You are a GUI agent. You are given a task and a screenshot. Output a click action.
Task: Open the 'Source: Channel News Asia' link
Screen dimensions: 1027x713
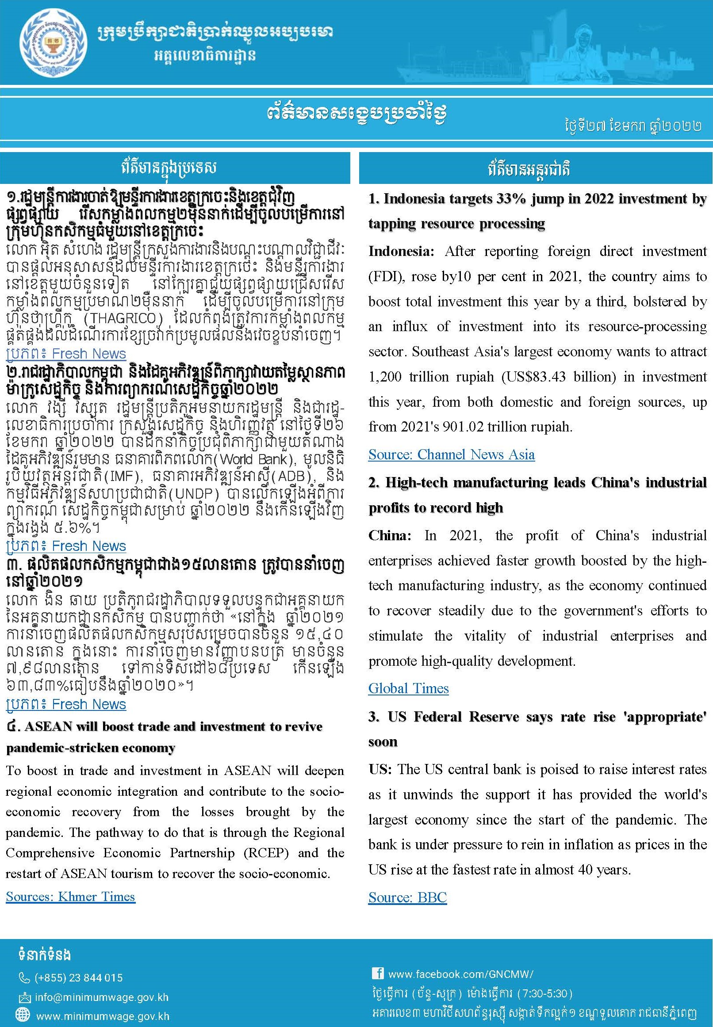tap(451, 454)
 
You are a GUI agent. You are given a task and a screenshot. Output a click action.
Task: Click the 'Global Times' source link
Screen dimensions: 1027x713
tap(408, 688)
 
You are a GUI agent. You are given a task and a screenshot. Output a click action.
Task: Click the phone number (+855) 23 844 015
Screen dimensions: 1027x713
tap(79, 977)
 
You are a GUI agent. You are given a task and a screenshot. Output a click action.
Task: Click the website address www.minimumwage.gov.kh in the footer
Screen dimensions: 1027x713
tap(103, 1016)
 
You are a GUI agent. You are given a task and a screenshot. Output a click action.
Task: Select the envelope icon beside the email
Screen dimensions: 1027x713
tap(24, 997)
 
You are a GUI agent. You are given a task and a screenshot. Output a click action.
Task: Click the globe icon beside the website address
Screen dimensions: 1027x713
tap(23, 1016)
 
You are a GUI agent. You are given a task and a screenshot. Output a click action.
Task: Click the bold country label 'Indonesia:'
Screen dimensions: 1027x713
tap(401, 252)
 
